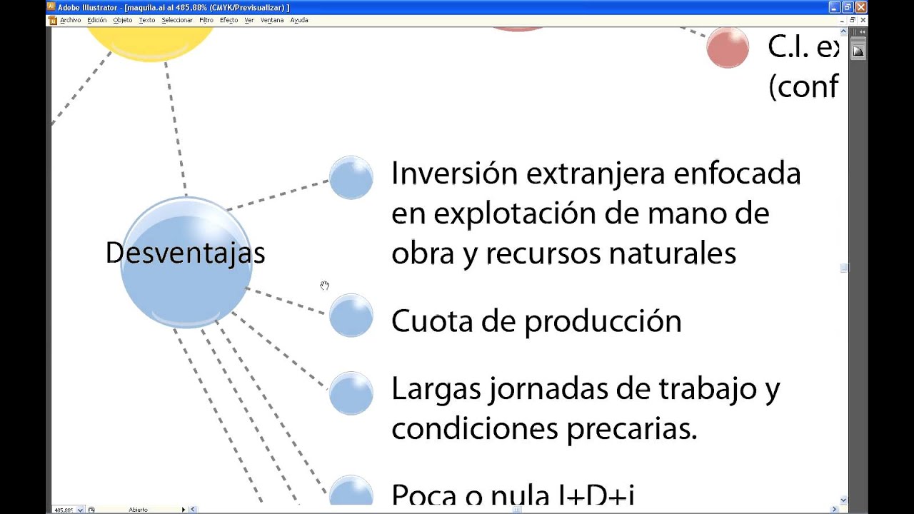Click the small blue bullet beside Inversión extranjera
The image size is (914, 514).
pyautogui.click(x=351, y=177)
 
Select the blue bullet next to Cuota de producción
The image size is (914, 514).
pyautogui.click(x=351, y=315)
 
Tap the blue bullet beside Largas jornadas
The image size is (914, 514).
pyautogui.click(x=351, y=393)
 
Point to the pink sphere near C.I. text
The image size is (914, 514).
pyautogui.click(x=728, y=48)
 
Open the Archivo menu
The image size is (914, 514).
pyautogui.click(x=71, y=20)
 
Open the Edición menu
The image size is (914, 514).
pyautogui.click(x=96, y=20)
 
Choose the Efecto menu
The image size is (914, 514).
pyautogui.click(x=228, y=20)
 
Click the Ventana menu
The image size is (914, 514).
pyautogui.click(x=272, y=20)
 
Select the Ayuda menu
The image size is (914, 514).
pyautogui.click(x=299, y=20)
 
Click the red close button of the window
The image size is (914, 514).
pyautogui.click(x=860, y=7)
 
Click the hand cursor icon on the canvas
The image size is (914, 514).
pyautogui.click(x=325, y=286)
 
